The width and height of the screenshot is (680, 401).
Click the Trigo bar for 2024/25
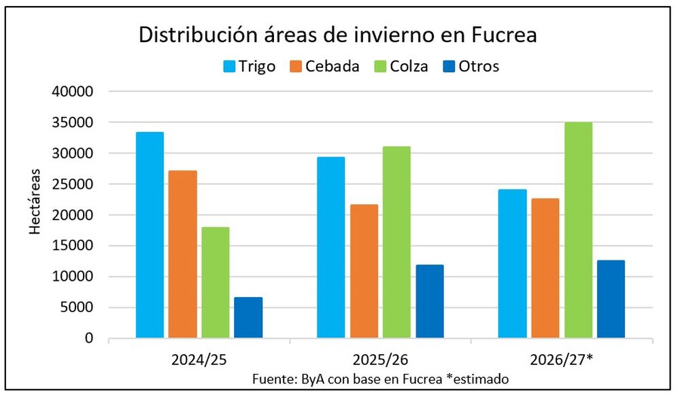click(x=150, y=235)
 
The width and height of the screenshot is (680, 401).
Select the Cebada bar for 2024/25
click(x=183, y=254)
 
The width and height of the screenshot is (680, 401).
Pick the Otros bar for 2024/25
click(x=248, y=317)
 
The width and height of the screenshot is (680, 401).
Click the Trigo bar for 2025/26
click(x=331, y=247)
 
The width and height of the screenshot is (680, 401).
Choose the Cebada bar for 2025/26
click(x=364, y=271)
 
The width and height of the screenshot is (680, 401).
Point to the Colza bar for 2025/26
click(x=396, y=242)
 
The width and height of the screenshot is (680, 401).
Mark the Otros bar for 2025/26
click(x=430, y=301)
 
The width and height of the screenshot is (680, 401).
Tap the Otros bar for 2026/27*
click(x=611, y=299)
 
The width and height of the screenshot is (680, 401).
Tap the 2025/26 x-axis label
click(x=381, y=358)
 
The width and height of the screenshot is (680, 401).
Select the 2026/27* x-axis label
click(x=562, y=358)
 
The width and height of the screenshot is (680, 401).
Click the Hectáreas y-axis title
click(x=35, y=202)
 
